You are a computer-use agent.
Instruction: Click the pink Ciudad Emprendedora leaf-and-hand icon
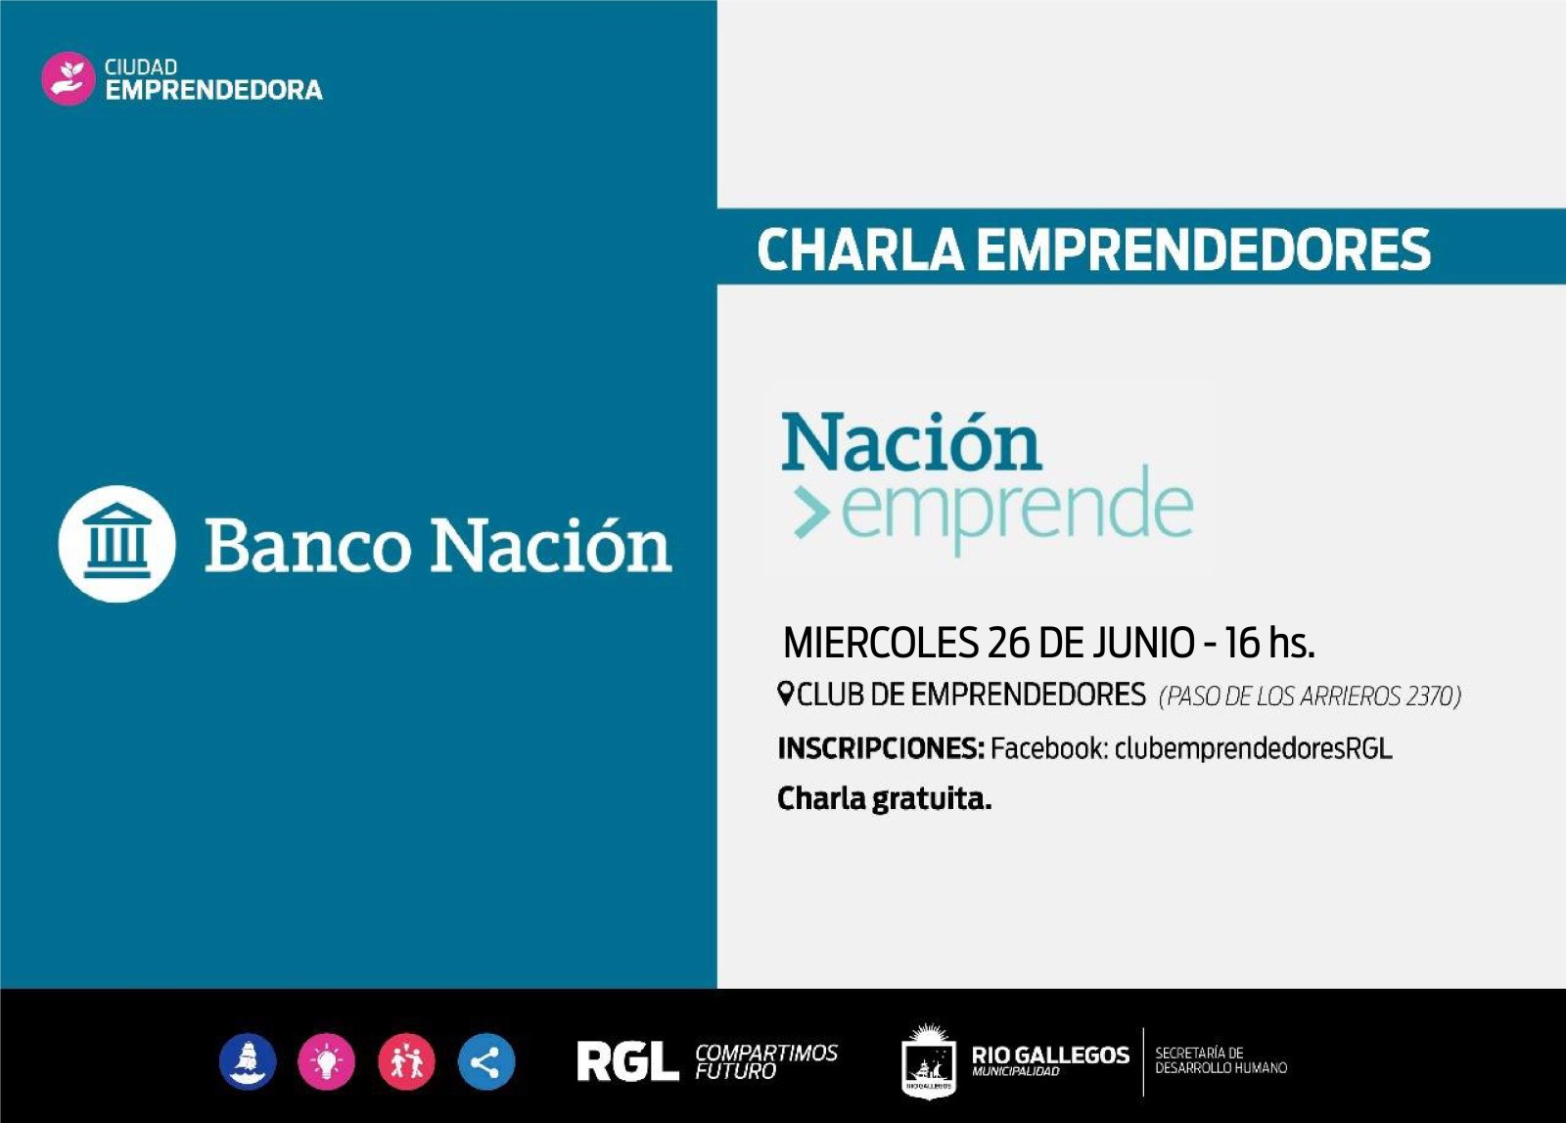point(68,78)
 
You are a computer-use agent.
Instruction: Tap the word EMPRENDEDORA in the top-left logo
point(214,90)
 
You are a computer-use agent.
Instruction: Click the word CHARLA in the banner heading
point(860,249)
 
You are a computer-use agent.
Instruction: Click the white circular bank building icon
point(116,544)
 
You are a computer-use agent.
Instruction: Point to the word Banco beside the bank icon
point(307,546)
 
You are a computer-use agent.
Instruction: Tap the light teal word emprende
point(1018,510)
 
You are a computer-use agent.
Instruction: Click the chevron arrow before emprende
point(811,513)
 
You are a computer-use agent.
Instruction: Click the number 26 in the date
point(1009,643)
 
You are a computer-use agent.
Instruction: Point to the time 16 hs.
point(1269,643)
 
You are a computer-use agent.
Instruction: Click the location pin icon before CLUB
point(785,694)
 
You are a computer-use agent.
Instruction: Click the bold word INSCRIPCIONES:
point(881,748)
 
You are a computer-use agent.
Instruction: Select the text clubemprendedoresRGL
point(1253,748)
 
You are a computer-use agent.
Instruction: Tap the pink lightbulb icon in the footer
point(326,1060)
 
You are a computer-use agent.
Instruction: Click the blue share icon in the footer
point(485,1060)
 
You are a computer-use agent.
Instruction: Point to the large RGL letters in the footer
point(627,1060)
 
